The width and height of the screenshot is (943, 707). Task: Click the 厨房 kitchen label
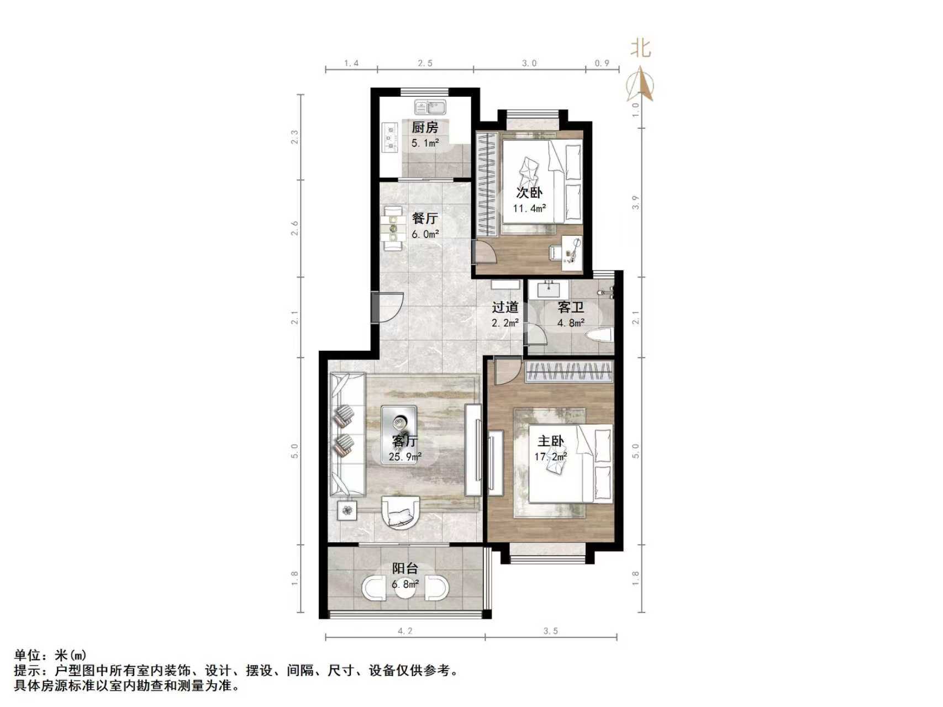coord(425,128)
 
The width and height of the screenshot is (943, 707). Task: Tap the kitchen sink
coord(431,107)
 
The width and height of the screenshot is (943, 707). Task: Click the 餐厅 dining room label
coord(425,219)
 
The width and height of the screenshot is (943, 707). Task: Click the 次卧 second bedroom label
coord(529,193)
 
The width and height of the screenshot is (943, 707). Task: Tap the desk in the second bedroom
coord(572,252)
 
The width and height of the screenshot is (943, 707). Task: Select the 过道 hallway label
coord(505,307)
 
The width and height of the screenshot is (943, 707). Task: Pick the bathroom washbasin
coord(549,289)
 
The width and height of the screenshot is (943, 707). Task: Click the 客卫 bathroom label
coord(570,307)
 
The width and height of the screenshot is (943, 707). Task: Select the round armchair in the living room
coord(400,512)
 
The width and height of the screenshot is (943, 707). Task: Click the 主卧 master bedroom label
coord(551,441)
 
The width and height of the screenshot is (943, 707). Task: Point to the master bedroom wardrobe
coord(569,372)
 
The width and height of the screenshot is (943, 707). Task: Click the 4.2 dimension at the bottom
coord(405,631)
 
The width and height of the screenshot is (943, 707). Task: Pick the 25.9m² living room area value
coord(405,457)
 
